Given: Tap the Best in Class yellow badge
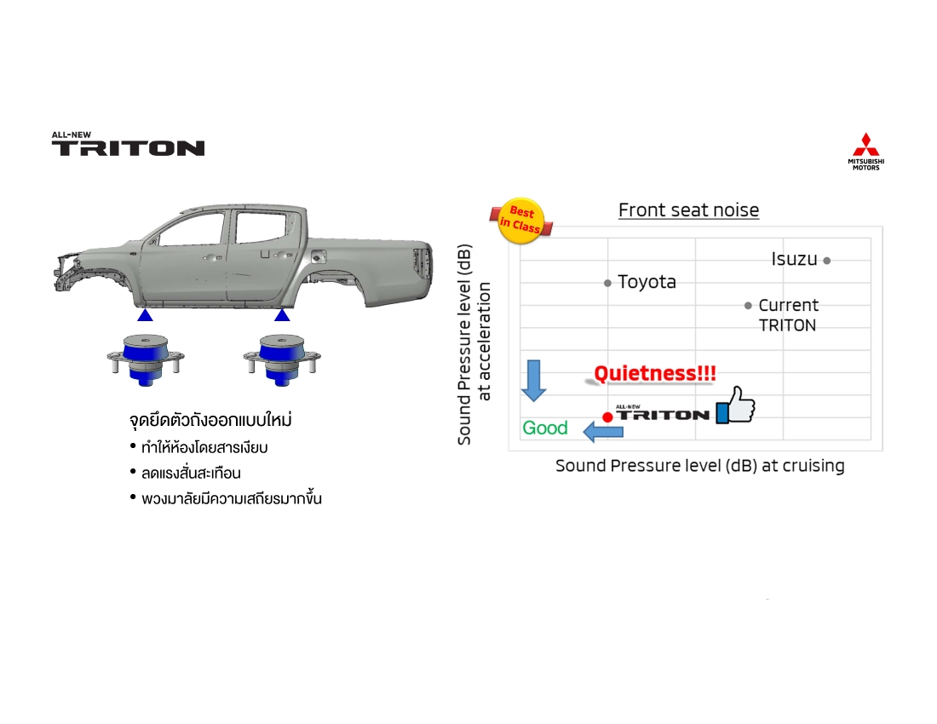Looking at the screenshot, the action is (521, 221).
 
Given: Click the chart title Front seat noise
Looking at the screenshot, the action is (688, 210).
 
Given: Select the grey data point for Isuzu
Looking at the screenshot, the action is (826, 261).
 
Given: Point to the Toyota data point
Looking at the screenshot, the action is (607, 283).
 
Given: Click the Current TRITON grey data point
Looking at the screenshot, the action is (748, 305).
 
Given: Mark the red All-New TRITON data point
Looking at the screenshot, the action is (607, 417).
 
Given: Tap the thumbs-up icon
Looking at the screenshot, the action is (736, 405).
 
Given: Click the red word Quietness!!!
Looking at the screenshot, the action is (654, 373).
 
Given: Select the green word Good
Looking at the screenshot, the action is (544, 428).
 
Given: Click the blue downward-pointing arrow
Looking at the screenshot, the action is (533, 380).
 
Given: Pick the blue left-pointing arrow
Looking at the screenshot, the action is (603, 431).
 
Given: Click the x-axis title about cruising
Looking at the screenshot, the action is (699, 466).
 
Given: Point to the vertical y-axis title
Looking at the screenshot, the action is (474, 344).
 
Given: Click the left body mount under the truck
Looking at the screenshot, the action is (145, 359).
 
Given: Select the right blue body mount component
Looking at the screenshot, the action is (282, 359).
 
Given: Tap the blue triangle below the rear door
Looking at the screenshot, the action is (282, 315).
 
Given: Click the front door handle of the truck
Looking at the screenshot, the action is (210, 258).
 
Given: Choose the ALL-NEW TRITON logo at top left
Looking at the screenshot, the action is (128, 144).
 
